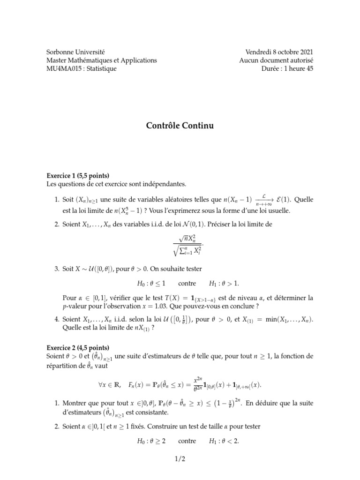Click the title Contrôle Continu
click(x=180, y=126)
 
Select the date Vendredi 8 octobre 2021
click(x=279, y=52)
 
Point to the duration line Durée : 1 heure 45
click(x=287, y=69)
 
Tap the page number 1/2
click(x=180, y=459)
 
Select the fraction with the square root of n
click(x=187, y=244)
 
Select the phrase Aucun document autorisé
click(x=276, y=60)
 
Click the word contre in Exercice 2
click(x=187, y=441)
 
